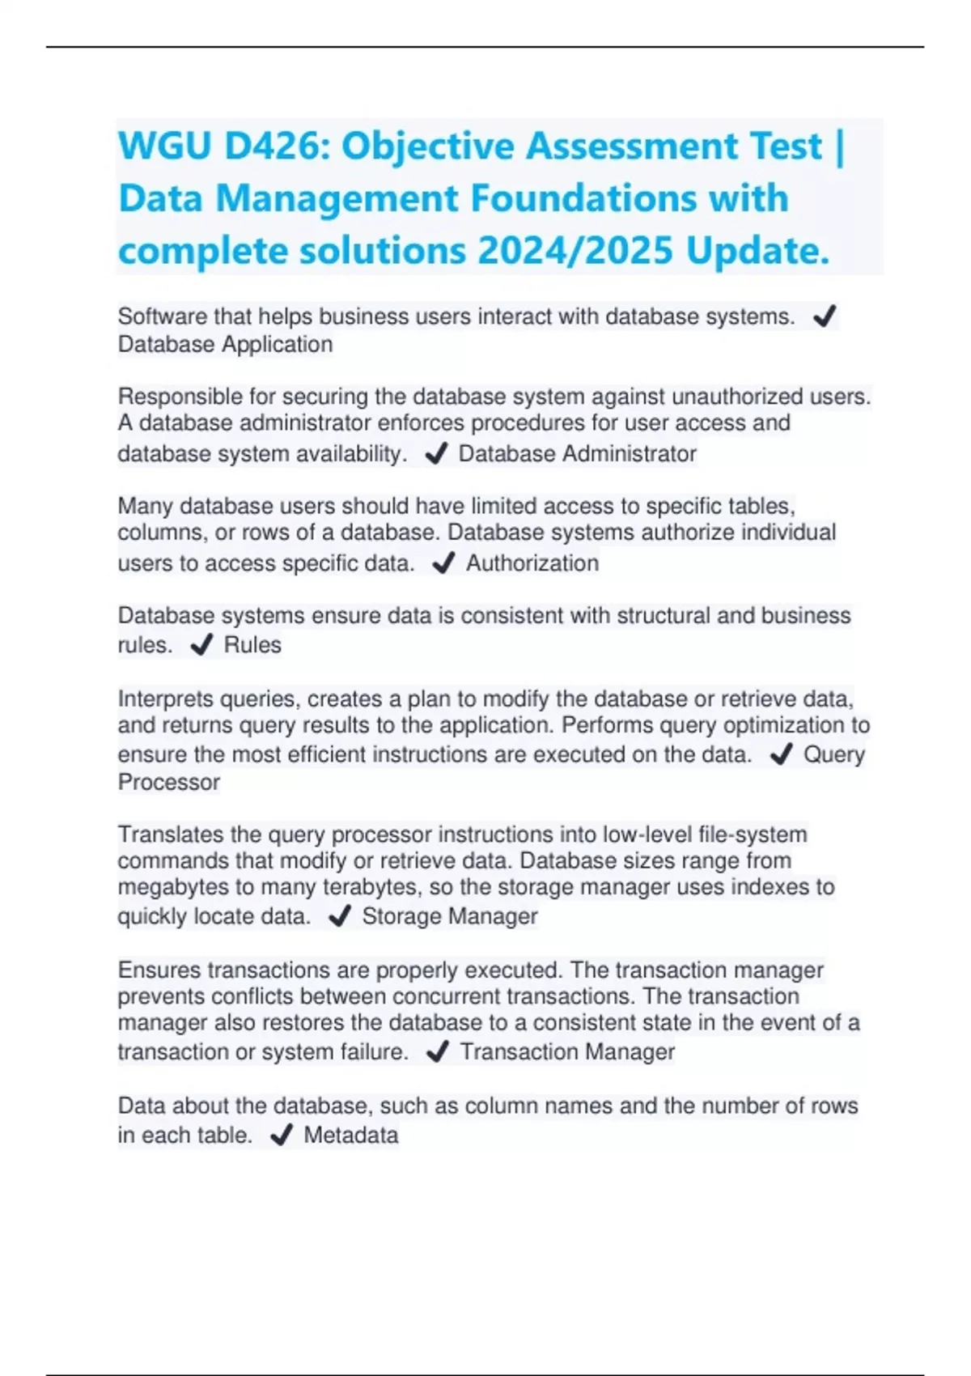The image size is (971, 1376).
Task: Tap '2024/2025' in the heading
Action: tap(575, 250)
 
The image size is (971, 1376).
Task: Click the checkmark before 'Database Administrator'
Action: tap(436, 454)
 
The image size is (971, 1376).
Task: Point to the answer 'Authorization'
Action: tap(532, 563)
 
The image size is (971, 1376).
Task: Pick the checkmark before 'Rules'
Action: tap(201, 645)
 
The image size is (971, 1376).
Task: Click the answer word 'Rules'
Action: tap(252, 645)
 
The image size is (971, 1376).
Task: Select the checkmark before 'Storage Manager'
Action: tap(340, 916)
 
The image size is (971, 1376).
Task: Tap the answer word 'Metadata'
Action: tap(351, 1135)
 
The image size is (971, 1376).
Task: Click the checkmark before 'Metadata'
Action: tap(281, 1136)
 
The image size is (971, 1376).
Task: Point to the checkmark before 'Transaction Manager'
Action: tap(437, 1051)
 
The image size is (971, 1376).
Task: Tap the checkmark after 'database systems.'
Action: tap(825, 316)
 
